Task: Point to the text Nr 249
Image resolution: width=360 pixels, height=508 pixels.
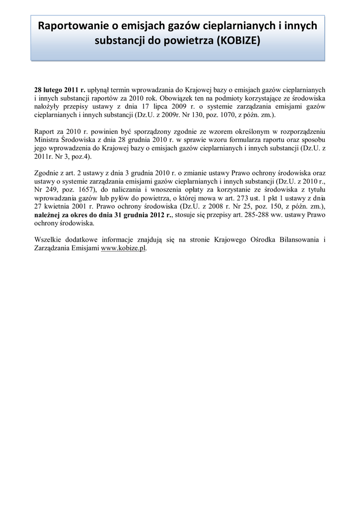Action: tap(45, 190)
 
